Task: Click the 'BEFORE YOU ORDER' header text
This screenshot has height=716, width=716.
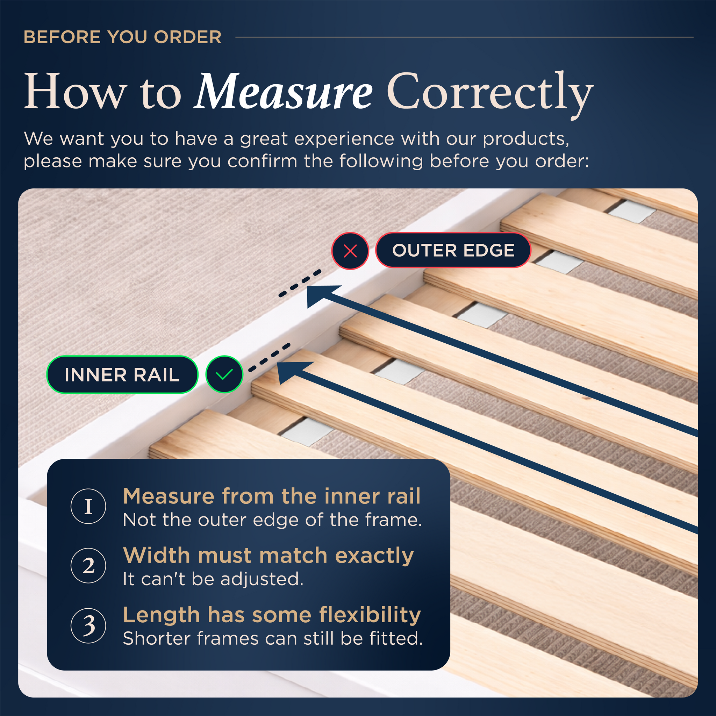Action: (x=123, y=37)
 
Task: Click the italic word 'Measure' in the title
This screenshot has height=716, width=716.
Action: (x=284, y=91)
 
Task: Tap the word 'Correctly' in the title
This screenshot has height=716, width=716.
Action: (x=490, y=95)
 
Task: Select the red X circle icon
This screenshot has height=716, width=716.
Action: (x=350, y=251)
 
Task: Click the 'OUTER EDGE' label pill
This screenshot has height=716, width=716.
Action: (x=453, y=250)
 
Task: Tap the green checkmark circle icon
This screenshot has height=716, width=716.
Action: (x=224, y=374)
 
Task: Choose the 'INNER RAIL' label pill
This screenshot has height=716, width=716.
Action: (x=122, y=374)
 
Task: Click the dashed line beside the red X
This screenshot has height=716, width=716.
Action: (x=300, y=284)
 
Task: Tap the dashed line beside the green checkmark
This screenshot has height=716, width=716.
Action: (x=270, y=358)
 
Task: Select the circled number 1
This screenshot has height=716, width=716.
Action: (x=88, y=506)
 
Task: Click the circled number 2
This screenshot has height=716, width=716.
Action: (x=88, y=566)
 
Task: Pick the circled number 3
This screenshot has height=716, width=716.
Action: (x=88, y=625)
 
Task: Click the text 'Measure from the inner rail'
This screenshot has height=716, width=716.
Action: (x=272, y=496)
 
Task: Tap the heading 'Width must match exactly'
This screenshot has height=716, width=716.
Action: (x=268, y=556)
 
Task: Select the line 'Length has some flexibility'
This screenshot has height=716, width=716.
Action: (x=272, y=615)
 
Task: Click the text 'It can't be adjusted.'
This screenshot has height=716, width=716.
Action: (x=213, y=579)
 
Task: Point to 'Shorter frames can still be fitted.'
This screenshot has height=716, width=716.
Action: (x=273, y=638)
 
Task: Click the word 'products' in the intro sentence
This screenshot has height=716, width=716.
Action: (x=526, y=139)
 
